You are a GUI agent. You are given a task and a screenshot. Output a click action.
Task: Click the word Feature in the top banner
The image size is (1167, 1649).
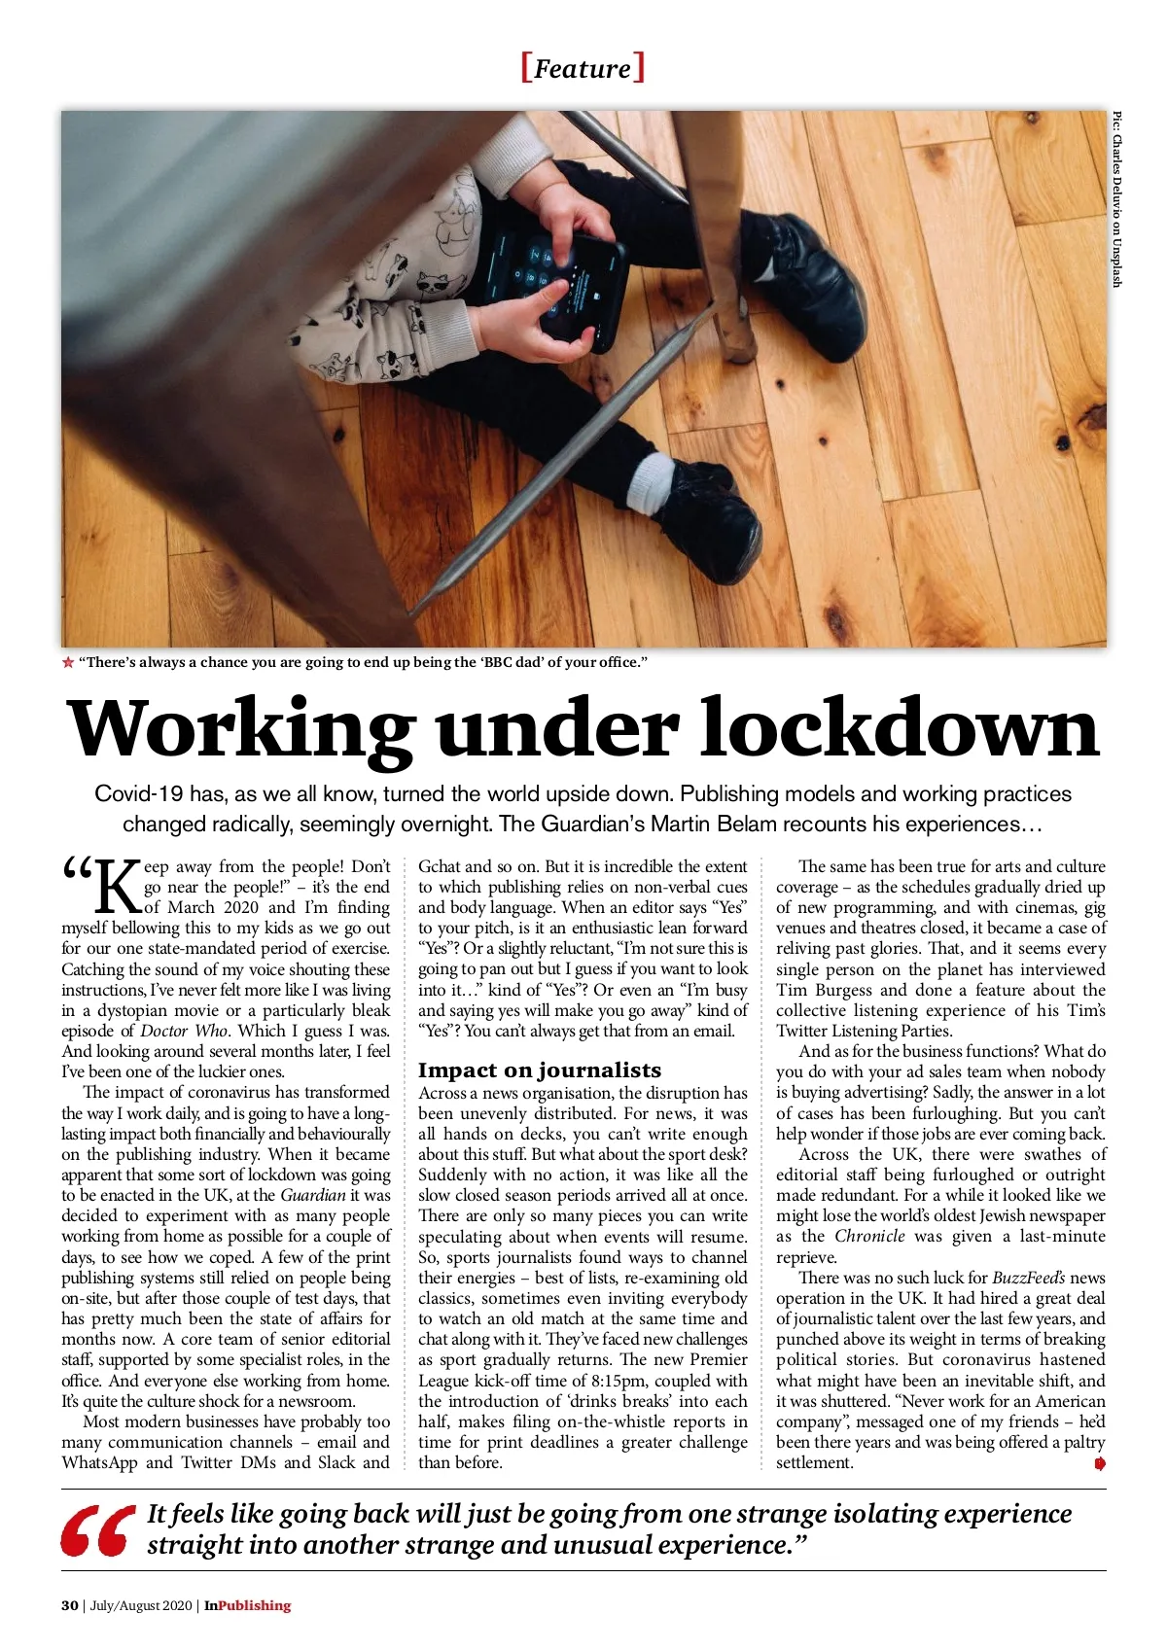point(583,69)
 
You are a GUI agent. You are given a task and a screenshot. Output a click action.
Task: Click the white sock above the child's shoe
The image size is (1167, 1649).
point(664,473)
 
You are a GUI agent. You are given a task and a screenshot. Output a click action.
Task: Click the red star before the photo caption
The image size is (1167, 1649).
point(68,663)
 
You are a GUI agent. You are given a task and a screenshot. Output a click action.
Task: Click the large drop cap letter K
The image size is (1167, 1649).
point(115,887)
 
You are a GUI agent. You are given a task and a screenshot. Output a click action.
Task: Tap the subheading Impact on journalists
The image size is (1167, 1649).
point(539,1070)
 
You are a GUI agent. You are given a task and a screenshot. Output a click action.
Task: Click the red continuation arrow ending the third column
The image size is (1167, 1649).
point(1099,1463)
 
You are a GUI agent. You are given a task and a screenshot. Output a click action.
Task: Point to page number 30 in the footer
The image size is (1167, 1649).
point(69,1605)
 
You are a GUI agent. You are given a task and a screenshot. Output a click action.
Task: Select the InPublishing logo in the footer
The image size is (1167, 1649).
point(247,1605)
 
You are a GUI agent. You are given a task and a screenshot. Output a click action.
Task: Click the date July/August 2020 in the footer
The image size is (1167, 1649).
point(142,1605)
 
